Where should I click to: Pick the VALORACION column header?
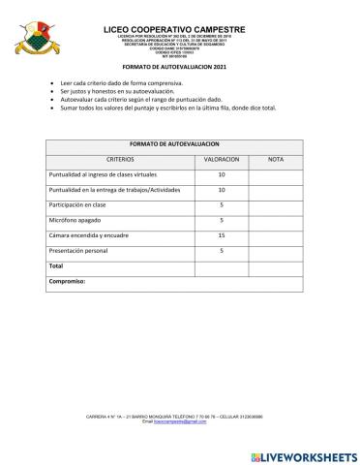tap(222, 158)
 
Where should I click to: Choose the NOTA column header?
tap(275, 158)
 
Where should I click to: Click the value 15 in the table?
tap(222, 235)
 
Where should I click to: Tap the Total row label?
tap(56, 265)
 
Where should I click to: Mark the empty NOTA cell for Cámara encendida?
tap(275, 235)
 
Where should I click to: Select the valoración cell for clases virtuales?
tap(222, 174)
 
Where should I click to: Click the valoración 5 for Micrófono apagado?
tap(222, 220)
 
